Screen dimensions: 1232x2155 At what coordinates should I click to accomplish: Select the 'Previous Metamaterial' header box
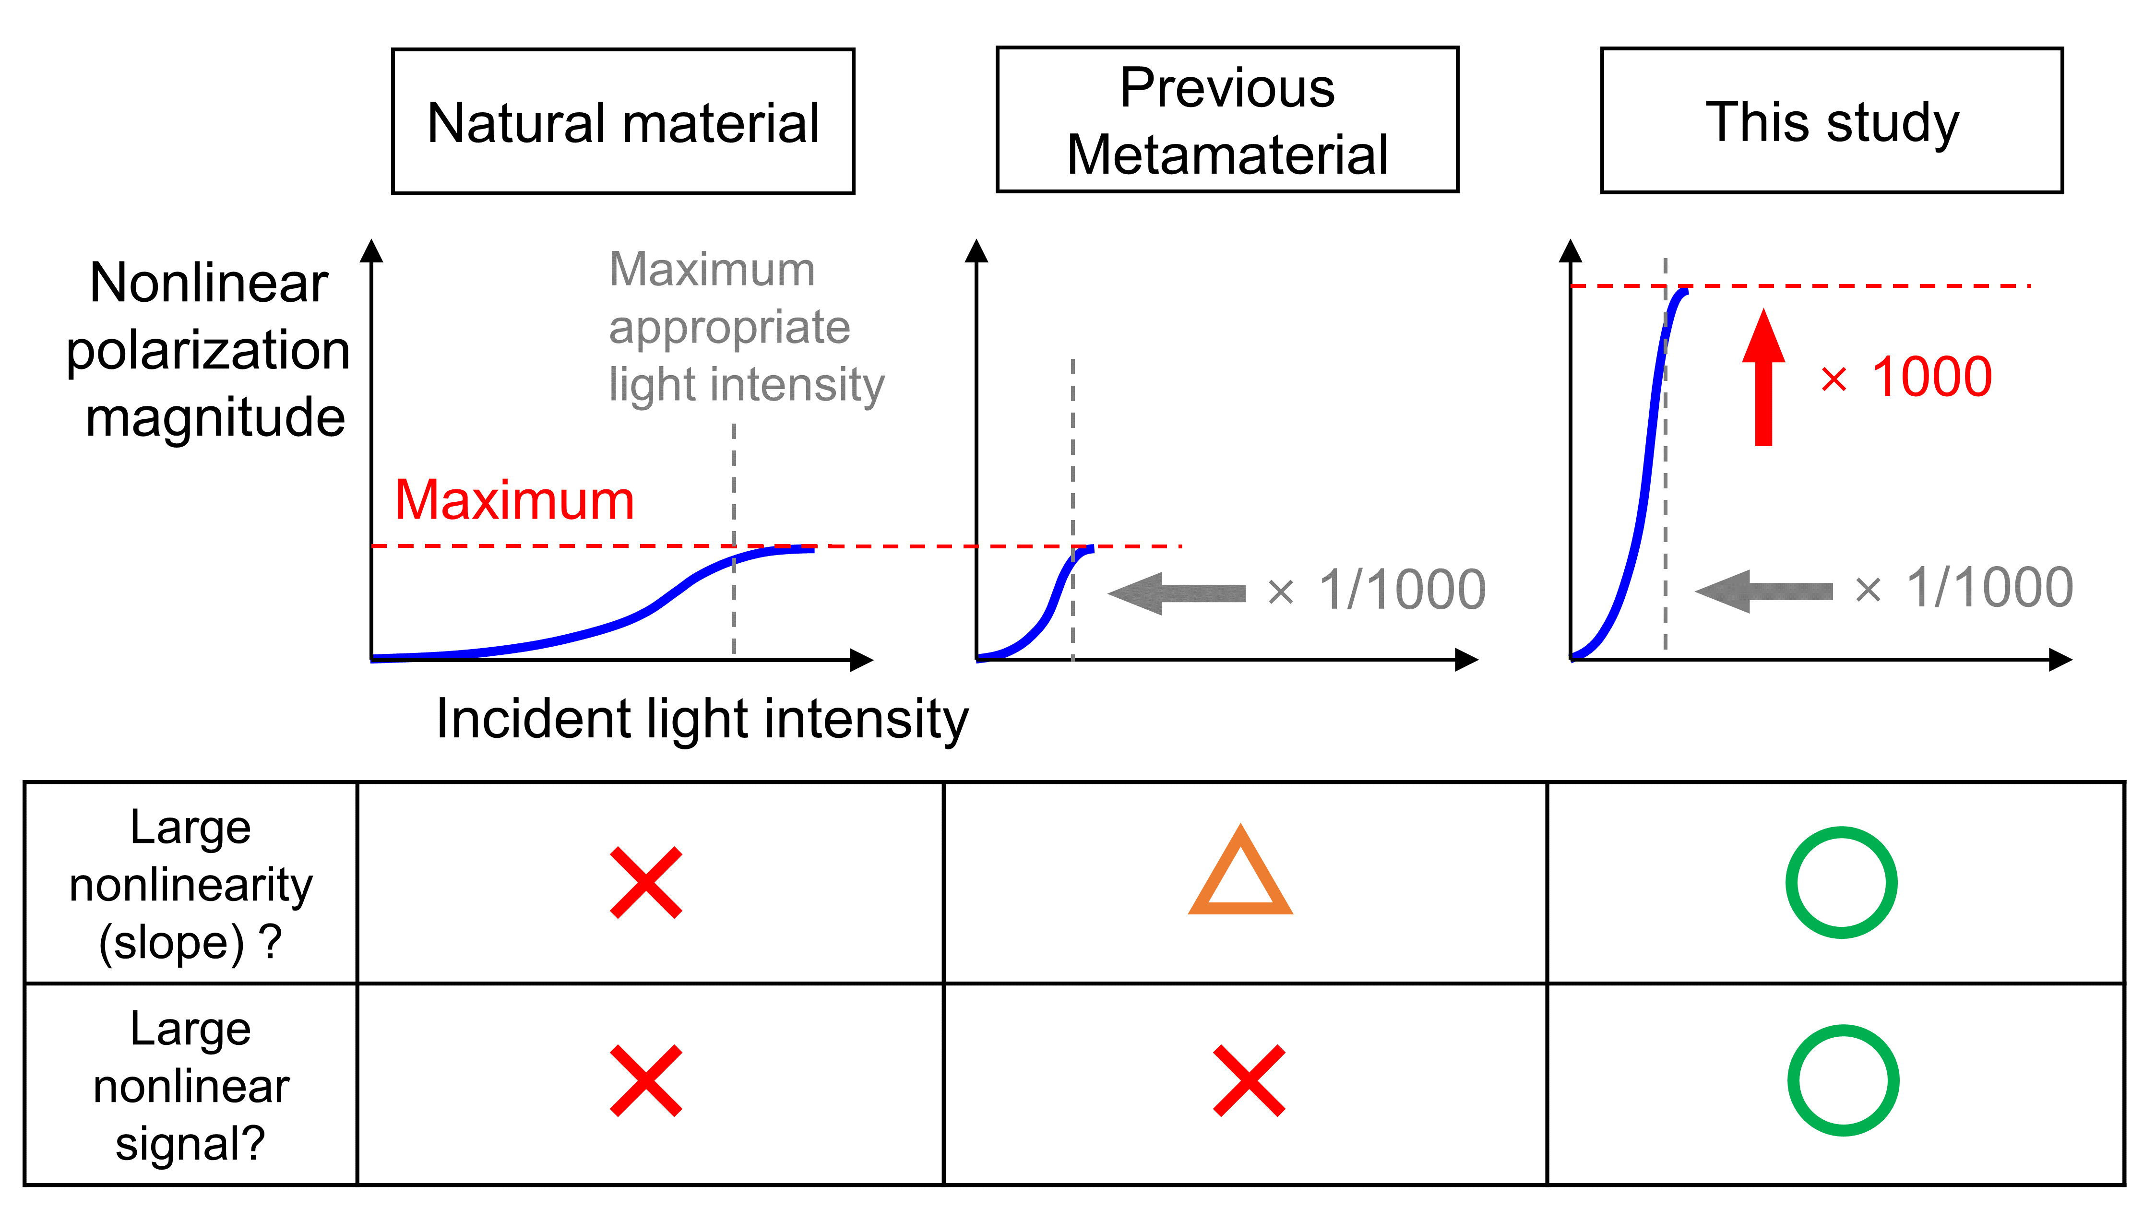click(x=1227, y=120)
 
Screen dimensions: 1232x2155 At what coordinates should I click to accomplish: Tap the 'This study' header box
click(x=1832, y=121)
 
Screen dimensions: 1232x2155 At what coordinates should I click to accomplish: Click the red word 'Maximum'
click(x=514, y=500)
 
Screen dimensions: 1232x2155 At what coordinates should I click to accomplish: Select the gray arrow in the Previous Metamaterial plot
click(x=1177, y=592)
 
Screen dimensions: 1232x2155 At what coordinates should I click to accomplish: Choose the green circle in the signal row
click(x=1843, y=1080)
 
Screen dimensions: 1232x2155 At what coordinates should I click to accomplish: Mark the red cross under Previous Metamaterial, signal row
click(x=1249, y=1080)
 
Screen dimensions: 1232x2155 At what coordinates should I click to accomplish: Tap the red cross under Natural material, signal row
click(x=645, y=1080)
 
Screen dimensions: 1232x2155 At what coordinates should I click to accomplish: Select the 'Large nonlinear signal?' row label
click(x=191, y=1086)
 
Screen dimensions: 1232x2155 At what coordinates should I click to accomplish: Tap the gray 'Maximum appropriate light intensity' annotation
click(x=745, y=328)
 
